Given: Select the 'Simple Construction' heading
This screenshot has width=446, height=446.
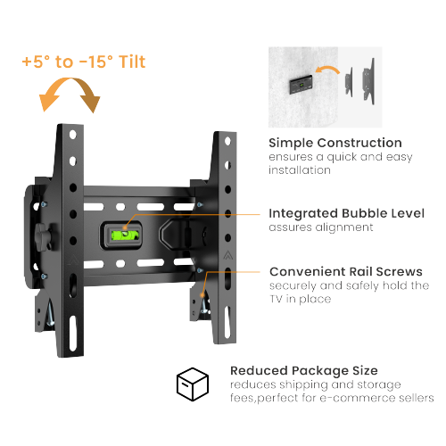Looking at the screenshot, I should point(335,143).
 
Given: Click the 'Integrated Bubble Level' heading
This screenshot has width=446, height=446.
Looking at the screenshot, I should point(346,213).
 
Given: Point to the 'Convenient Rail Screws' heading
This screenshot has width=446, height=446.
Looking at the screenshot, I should point(344,271).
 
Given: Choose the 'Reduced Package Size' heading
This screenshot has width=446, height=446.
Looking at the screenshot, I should point(303,369).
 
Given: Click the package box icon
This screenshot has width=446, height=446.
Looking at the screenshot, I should point(192,384).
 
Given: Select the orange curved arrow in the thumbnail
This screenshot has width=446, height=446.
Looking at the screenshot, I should point(328,69).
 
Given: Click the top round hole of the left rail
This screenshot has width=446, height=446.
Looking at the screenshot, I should point(70,134).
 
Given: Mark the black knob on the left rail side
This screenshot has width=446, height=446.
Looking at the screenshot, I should point(42,235).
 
